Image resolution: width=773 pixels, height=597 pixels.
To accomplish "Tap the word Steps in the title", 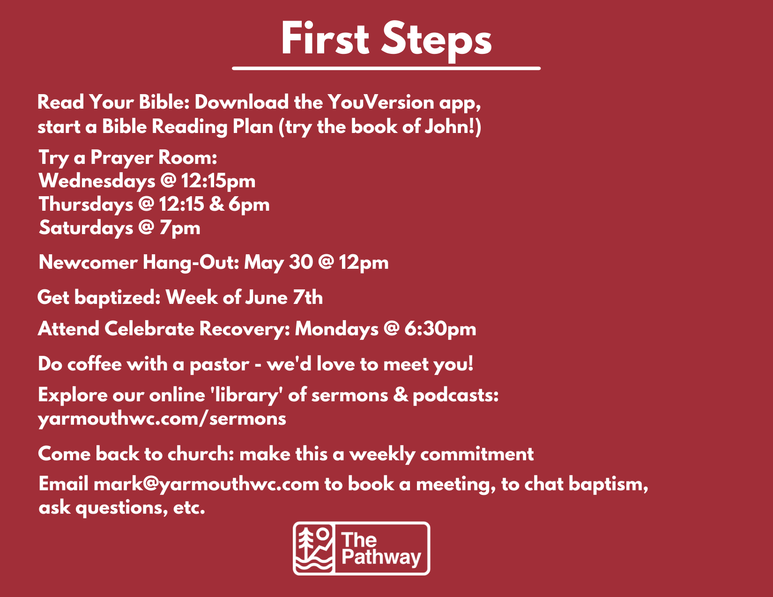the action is [x=437, y=41].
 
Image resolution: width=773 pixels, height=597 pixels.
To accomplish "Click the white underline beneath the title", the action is [x=386, y=68].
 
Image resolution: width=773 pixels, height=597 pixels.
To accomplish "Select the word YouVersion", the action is [x=380, y=102].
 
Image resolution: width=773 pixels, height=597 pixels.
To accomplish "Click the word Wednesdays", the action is [x=97, y=181].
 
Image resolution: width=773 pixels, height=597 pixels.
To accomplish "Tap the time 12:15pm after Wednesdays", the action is [x=218, y=181].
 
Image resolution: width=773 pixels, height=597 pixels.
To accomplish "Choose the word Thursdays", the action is [x=86, y=205].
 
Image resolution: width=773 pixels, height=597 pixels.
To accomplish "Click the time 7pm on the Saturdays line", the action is [x=180, y=228].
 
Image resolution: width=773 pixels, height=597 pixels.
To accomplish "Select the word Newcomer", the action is [x=88, y=262].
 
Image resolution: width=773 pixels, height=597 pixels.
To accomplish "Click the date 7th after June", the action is [x=308, y=297].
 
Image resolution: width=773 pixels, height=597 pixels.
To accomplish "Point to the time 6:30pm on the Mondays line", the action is [x=440, y=329].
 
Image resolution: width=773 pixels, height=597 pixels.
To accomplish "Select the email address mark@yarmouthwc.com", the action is [x=206, y=485].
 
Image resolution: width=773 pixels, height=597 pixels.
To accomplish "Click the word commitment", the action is [x=477, y=454].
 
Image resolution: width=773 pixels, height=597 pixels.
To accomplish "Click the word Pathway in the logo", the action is [x=381, y=557].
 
